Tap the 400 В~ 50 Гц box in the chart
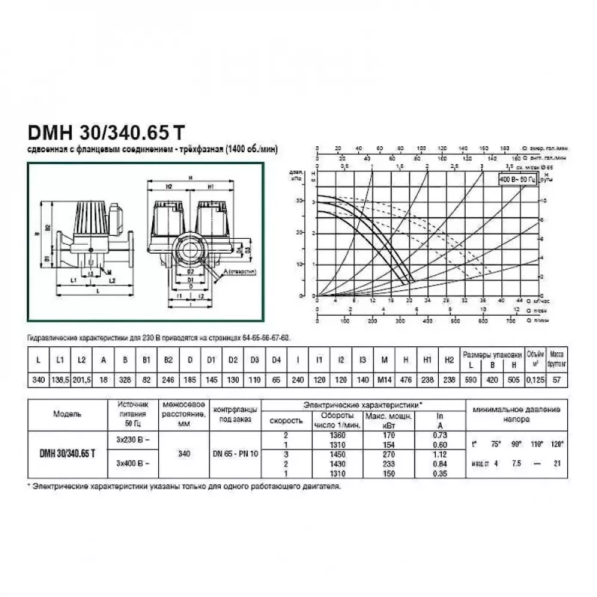518,178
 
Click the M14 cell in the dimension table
384,380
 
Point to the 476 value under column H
407,380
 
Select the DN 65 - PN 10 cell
236,454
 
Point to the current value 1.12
441,454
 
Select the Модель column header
67,414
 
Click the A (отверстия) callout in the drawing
239,272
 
